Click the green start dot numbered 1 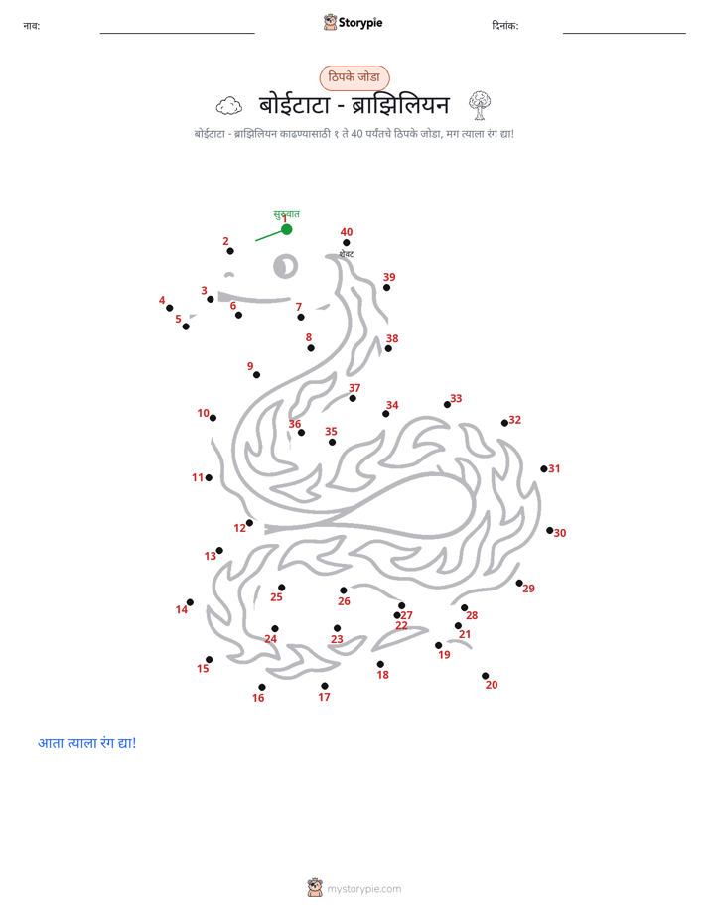(x=287, y=229)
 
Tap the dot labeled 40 (x=347, y=243)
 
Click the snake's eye (x=285, y=266)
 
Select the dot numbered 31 (x=544, y=469)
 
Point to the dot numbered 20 (x=485, y=676)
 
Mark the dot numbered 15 (x=209, y=660)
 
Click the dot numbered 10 (x=213, y=418)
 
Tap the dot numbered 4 (x=169, y=308)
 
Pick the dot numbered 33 (x=448, y=404)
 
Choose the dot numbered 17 (x=325, y=686)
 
